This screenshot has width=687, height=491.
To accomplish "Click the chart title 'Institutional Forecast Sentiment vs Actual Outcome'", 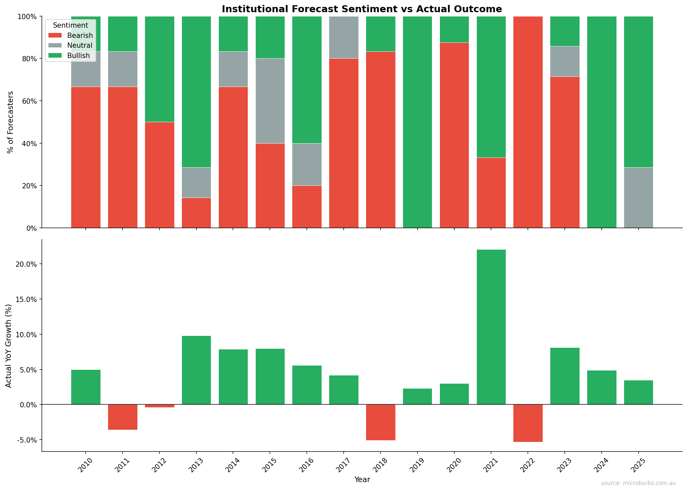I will pos(361,9).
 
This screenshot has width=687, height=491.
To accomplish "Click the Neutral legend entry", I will pos(79,45).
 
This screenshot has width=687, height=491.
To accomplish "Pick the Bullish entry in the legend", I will pos(78,56).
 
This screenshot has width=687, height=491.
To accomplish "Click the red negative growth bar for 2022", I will pos(528,423).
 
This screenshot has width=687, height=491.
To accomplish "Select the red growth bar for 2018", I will pos(381,422).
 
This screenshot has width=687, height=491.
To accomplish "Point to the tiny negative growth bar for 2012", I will pos(159,406).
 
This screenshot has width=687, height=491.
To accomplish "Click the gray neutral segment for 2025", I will pos(639,198).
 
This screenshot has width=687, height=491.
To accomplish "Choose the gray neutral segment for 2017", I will pos(344,37).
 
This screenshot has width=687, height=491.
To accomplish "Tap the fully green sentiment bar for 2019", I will pos(417,122).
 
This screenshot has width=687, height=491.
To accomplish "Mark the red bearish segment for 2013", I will pos(196,213).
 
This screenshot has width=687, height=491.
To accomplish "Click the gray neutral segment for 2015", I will pos(270,101).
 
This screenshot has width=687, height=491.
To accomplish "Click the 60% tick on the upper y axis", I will pos(29,101).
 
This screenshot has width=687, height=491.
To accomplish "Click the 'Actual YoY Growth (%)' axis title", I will pos(9,345).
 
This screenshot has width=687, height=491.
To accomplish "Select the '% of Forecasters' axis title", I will pos(11,122).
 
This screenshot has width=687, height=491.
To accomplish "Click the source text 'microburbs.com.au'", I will pos(638,483).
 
